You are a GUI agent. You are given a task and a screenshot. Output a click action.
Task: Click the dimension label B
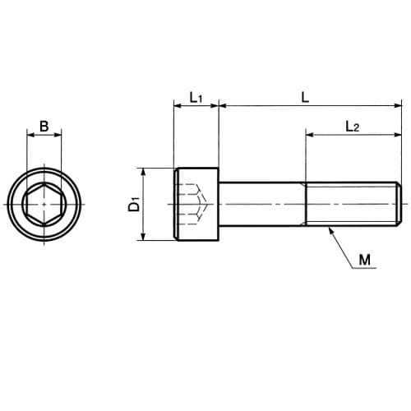tap(44, 127)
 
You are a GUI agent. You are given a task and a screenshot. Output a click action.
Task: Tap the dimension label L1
tap(196, 98)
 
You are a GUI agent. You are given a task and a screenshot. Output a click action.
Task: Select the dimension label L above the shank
tap(305, 97)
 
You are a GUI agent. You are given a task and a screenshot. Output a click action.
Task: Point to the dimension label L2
tap(352, 127)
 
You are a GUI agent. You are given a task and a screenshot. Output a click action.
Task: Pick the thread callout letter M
tap(365, 260)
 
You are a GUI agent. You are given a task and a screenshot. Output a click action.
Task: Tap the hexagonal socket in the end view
tap(44, 204)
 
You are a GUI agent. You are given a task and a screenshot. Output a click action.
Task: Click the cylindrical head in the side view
tap(196, 205)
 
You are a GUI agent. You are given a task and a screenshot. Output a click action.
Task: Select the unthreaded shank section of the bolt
tap(262, 204)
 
